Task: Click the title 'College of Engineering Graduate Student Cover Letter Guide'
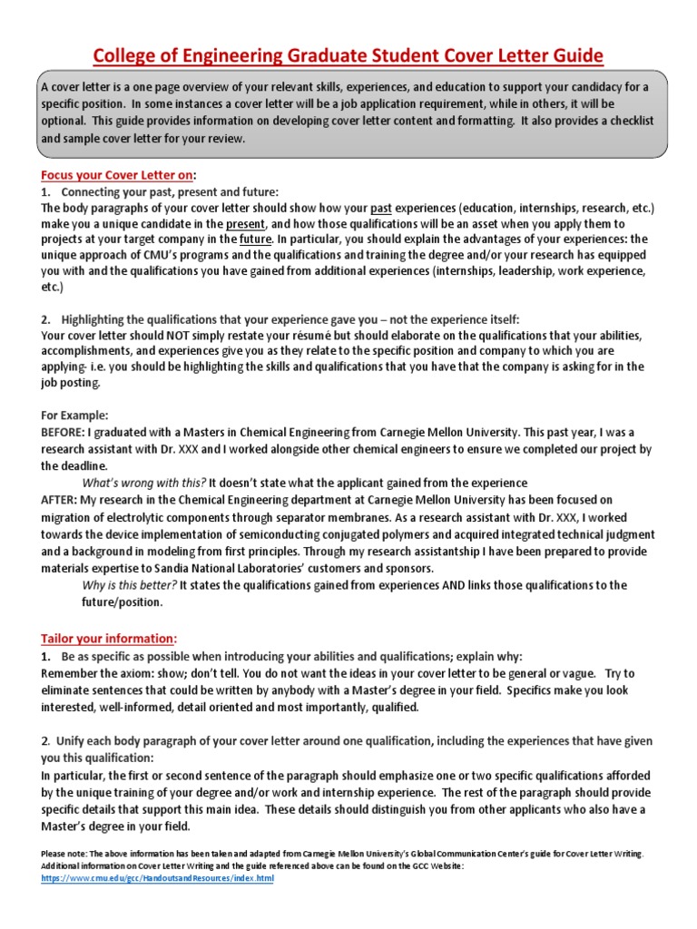pos(348,56)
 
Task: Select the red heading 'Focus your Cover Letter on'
pos(117,175)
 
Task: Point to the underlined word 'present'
pos(245,223)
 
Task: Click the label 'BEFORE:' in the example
pos(62,432)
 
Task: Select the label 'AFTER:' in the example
pos(58,499)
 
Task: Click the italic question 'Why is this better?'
pos(130,585)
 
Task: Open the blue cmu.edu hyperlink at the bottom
pos(157,879)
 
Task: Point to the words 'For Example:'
pos(75,415)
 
